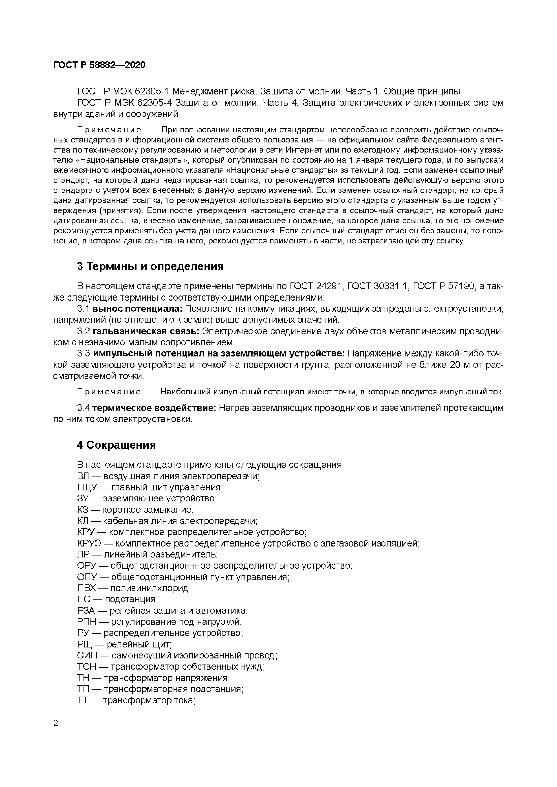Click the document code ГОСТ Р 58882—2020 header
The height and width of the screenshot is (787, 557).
pos(99,65)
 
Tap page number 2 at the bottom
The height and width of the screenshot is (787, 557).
pos(56,723)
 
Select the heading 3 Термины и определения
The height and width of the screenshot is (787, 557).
pos(150,266)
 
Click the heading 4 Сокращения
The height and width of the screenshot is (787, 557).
pos(116,445)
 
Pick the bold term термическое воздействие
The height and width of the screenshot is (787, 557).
pos(154,408)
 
